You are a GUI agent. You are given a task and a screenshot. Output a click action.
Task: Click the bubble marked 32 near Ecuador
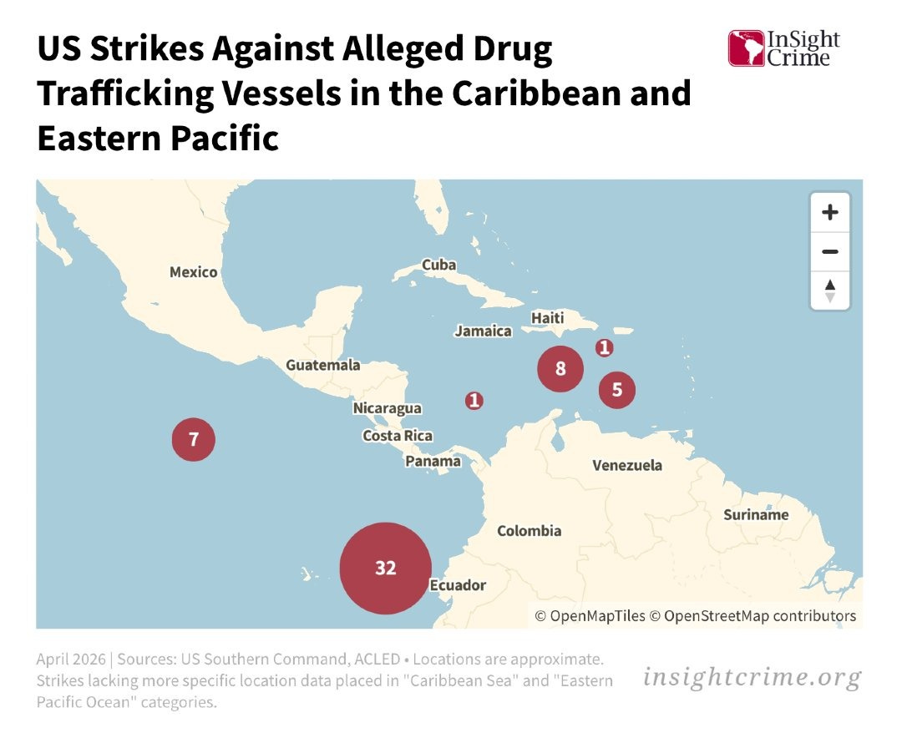click(x=385, y=569)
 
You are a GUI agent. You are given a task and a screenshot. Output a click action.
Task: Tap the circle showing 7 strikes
click(x=194, y=438)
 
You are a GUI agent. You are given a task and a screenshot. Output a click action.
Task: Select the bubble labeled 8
click(x=560, y=368)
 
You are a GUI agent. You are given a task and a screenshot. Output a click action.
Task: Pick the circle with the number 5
click(x=617, y=389)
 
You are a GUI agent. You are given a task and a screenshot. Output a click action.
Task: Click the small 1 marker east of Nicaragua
click(x=474, y=401)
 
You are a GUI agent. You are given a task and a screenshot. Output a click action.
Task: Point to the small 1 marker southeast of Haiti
click(x=604, y=347)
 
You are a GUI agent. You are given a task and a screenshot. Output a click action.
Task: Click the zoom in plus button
click(x=829, y=212)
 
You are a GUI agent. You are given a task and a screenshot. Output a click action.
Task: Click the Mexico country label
click(x=193, y=272)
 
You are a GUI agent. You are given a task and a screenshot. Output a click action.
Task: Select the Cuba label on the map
click(x=438, y=265)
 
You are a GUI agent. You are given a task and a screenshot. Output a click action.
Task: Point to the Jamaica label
click(x=483, y=331)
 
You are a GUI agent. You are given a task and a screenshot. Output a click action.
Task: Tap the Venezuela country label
click(x=627, y=465)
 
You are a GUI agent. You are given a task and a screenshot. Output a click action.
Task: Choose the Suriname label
click(x=756, y=514)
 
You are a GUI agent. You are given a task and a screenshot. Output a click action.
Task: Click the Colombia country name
click(x=530, y=531)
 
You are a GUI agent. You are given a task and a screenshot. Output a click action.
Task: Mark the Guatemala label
click(x=323, y=365)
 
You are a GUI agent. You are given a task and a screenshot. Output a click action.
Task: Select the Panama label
click(x=433, y=461)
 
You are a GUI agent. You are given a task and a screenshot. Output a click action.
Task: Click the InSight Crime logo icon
click(x=746, y=48)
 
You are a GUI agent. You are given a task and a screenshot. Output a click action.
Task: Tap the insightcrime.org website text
click(x=752, y=677)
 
